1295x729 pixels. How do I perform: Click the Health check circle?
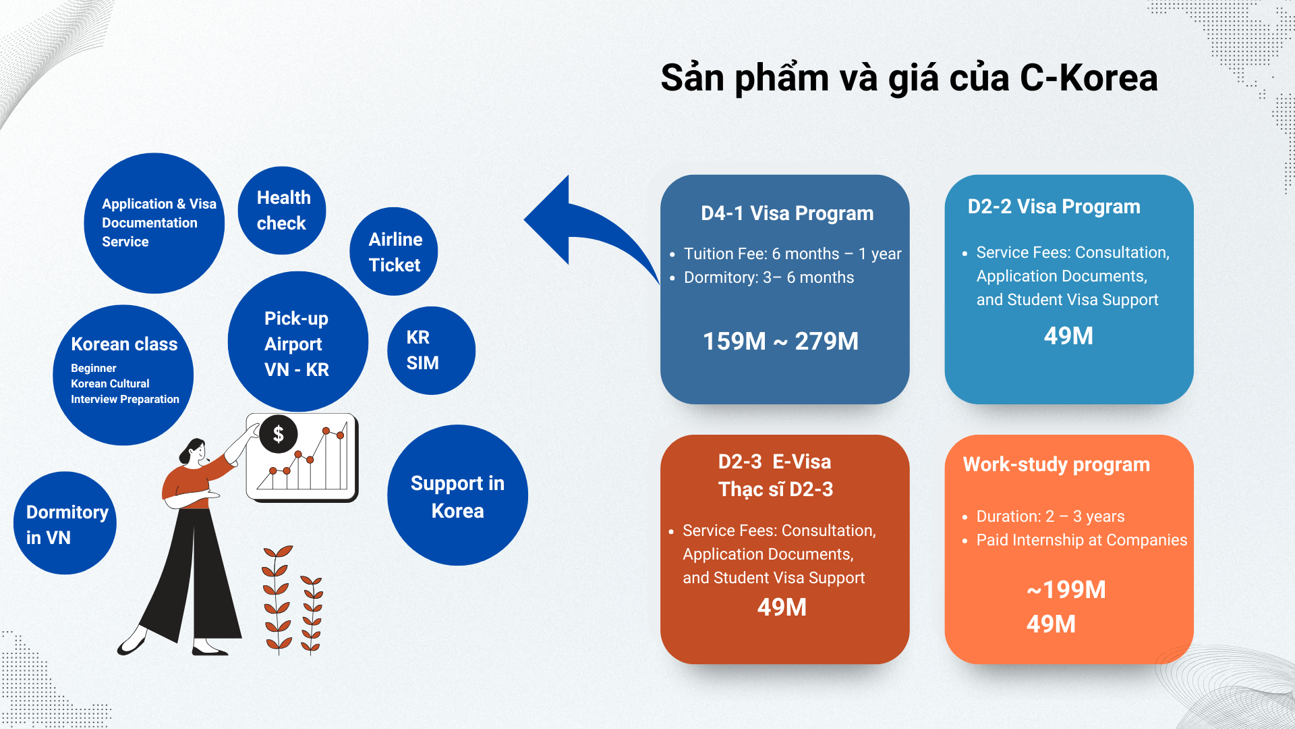click(x=282, y=211)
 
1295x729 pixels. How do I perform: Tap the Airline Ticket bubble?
click(x=394, y=251)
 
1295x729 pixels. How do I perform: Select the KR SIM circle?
click(x=432, y=350)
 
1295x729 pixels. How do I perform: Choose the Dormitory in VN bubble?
click(x=65, y=523)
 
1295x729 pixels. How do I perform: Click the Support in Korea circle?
click(x=458, y=495)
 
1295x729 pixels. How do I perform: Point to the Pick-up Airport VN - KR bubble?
click(x=298, y=342)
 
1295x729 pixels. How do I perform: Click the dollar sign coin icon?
click(x=278, y=434)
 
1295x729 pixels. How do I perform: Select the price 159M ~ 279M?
click(x=780, y=342)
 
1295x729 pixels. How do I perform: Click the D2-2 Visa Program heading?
click(x=1054, y=207)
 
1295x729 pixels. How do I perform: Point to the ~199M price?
click(x=1066, y=590)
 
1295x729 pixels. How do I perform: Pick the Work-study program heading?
click(x=1056, y=464)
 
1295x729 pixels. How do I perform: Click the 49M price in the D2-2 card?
click(x=1068, y=336)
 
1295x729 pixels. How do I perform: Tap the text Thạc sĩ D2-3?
click(x=776, y=489)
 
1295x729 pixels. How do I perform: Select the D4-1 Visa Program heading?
click(x=787, y=213)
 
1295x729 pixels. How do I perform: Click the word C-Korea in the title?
click(x=1089, y=78)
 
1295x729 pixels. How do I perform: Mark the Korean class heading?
click(x=124, y=344)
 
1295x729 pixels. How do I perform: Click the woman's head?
click(x=195, y=452)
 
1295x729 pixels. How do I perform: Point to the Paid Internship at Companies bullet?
click(x=1082, y=540)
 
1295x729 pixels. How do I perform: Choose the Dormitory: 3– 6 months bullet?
click(x=769, y=277)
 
